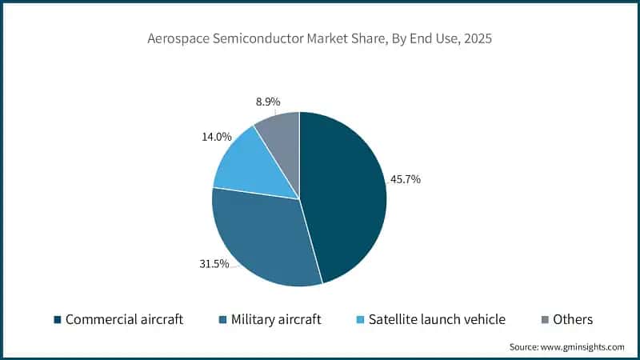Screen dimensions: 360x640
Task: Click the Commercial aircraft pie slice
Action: pyautogui.click(x=344, y=200)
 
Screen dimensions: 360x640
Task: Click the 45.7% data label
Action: pyautogui.click(x=405, y=179)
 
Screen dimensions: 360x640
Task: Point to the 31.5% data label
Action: pyautogui.click(x=214, y=263)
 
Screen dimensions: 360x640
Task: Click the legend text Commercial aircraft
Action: pyautogui.click(x=124, y=319)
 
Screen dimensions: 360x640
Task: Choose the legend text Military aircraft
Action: pyautogui.click(x=276, y=319)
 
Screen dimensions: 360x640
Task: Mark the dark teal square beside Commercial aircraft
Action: pyautogui.click(x=58, y=320)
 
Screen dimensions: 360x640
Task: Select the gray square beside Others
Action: pyautogui.click(x=546, y=320)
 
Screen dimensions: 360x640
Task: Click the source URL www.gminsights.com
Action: pyautogui.click(x=582, y=346)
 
